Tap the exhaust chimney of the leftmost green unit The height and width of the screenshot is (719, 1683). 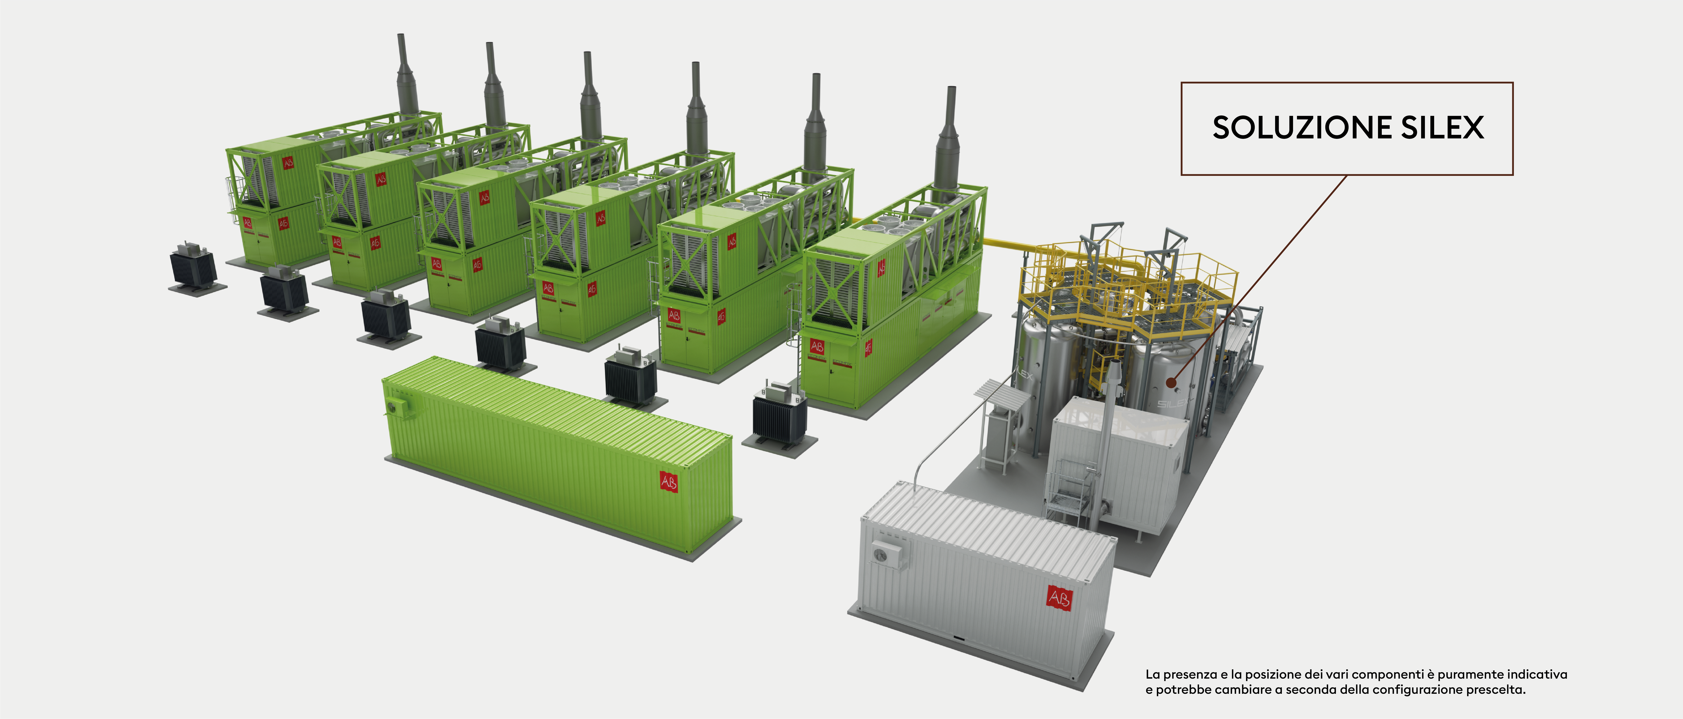[x=408, y=78]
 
